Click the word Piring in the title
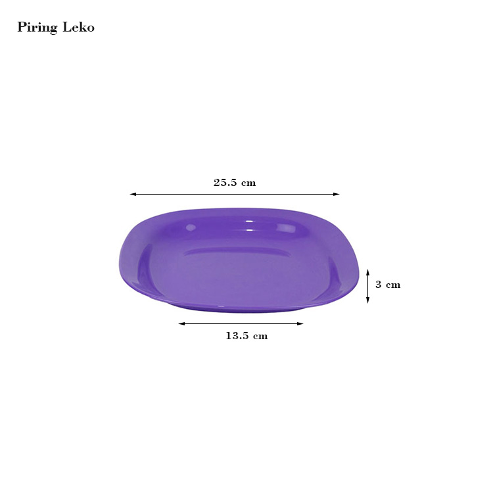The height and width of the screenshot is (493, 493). point(37,28)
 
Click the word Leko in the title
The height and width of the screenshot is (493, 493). point(79,27)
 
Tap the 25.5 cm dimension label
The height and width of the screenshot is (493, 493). point(235,183)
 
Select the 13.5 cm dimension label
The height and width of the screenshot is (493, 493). point(246,336)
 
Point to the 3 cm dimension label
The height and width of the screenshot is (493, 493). point(388,285)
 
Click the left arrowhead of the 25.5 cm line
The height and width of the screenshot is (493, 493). point(133,195)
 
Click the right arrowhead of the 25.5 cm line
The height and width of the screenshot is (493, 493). point(337,195)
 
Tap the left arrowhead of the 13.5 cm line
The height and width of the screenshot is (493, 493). point(181,323)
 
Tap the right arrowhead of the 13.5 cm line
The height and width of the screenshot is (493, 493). point(300,323)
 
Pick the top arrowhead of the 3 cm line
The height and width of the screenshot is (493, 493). point(368,272)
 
